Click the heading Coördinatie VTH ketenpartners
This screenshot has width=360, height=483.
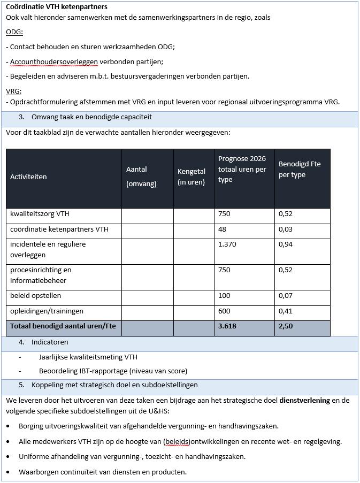(x=56, y=7)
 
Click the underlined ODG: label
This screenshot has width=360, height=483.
(x=14, y=32)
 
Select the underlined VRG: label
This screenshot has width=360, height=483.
(x=14, y=91)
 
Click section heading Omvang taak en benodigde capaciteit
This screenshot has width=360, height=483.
(x=91, y=117)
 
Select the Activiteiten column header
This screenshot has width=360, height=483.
(x=28, y=177)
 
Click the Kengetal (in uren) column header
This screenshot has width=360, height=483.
(x=192, y=177)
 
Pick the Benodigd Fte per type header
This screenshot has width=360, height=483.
(x=300, y=169)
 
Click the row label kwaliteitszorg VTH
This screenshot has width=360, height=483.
(x=40, y=214)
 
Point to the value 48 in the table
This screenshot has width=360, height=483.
(x=223, y=229)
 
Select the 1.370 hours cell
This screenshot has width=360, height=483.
(x=227, y=244)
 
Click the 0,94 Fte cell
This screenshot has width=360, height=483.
(x=286, y=244)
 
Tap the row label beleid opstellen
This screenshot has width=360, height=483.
(x=35, y=296)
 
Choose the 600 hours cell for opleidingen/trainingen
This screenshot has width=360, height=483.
(x=224, y=311)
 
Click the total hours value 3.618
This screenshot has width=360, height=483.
(x=227, y=326)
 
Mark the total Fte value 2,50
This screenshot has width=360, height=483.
(x=286, y=326)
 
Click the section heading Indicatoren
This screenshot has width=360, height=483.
(x=50, y=342)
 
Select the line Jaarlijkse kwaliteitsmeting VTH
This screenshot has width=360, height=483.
(x=88, y=357)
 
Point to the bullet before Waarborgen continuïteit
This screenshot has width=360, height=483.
(x=8, y=472)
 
